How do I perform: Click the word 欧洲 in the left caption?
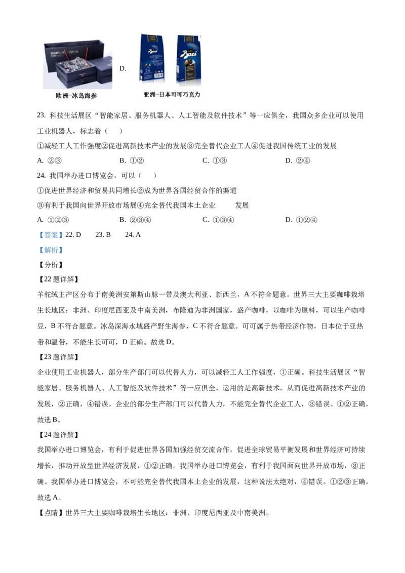coord(62,95)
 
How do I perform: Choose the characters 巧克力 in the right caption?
coord(191,95)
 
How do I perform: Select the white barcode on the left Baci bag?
coord(159,76)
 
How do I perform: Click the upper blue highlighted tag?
coord(51,235)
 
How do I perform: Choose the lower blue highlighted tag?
coord(51,250)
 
